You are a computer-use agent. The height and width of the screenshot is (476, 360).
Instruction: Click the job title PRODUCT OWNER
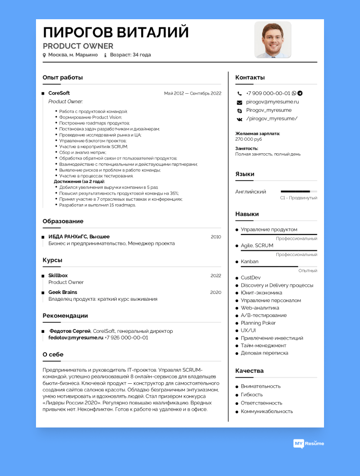point(78,46)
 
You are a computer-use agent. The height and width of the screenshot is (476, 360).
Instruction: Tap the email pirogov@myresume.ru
point(272,102)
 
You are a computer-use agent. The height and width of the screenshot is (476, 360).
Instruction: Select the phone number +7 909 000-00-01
point(268,93)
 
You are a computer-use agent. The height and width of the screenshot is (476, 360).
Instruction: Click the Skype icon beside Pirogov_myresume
point(240,110)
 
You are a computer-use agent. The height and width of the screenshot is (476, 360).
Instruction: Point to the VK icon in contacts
point(240,119)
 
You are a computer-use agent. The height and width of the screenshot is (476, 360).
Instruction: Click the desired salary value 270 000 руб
point(249,139)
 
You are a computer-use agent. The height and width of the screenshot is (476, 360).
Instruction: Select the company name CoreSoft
point(59,93)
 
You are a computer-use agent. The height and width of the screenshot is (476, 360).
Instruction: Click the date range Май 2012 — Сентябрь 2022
point(192,93)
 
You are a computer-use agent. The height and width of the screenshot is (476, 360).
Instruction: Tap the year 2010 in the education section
point(216,237)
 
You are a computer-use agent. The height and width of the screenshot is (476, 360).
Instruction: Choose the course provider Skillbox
point(58,275)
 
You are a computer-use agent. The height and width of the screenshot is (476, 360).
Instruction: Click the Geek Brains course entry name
point(63,292)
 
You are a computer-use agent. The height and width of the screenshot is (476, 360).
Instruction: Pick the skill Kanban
point(250,261)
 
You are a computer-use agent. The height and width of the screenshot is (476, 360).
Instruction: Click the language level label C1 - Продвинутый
point(299,198)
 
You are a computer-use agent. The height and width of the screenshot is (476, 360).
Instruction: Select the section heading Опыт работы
point(62,77)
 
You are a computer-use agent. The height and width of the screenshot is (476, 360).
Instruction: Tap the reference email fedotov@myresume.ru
point(76,338)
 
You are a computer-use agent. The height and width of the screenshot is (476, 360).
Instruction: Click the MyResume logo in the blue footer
point(309,443)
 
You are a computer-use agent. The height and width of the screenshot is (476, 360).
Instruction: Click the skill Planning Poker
point(258,323)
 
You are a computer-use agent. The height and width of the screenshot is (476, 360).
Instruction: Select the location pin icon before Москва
point(45,55)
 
